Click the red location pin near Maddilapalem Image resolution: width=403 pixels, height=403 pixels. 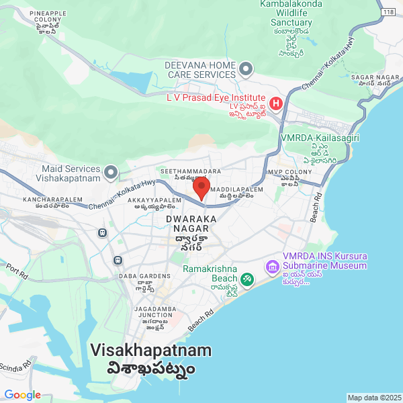pos(202,187)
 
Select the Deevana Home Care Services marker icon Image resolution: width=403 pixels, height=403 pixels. pos(247,68)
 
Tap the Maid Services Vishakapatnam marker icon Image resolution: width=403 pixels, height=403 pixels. pos(111,174)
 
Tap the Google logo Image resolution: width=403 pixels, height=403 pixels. pos(22,394)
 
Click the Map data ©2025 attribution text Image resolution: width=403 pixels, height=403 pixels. pos(374,397)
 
